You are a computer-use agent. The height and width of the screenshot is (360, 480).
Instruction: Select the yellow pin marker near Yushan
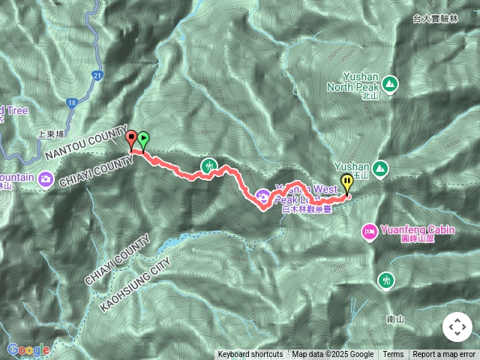[346, 182]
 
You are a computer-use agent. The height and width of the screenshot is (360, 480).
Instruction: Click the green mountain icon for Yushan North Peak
[389, 82]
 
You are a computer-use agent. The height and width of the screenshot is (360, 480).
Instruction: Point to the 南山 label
[395, 319]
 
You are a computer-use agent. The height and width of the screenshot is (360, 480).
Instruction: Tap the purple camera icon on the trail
[263, 196]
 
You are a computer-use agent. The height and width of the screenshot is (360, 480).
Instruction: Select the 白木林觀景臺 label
[307, 210]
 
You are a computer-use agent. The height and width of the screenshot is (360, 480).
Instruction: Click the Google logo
[28, 349]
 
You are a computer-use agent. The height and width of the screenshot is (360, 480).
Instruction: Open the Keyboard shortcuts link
[250, 355]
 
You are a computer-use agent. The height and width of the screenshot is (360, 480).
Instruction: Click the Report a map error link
[443, 355]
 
